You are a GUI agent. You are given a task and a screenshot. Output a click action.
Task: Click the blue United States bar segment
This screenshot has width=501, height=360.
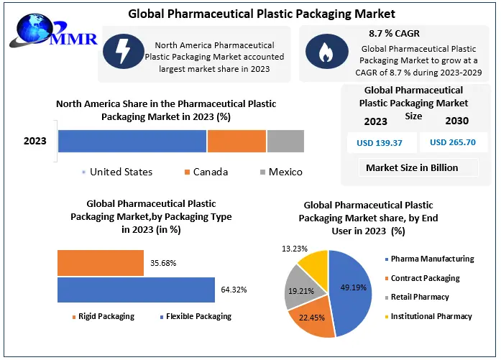click(x=132, y=141)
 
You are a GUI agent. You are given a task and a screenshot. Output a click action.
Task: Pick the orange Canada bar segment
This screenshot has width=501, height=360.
click(x=236, y=141)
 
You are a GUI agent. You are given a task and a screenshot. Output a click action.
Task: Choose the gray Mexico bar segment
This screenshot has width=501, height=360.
click(x=285, y=141)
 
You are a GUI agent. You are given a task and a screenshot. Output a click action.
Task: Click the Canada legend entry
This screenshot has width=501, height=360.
click(x=206, y=172)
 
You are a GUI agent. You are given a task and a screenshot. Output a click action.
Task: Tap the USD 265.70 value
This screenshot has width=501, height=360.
click(x=453, y=142)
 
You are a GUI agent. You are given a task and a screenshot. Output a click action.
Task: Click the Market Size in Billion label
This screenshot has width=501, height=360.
click(x=412, y=168)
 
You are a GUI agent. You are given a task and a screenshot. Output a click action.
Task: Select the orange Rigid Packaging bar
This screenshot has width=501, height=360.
click(x=101, y=263)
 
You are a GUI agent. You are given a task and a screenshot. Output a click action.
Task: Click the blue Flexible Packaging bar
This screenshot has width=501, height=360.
click(x=136, y=290)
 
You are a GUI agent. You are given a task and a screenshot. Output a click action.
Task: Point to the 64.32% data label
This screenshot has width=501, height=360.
click(x=234, y=290)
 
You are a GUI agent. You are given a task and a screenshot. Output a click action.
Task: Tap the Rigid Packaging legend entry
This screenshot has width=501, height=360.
click(x=104, y=316)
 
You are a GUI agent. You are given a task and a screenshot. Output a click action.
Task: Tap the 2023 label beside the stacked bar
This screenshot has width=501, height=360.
click(x=35, y=141)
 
